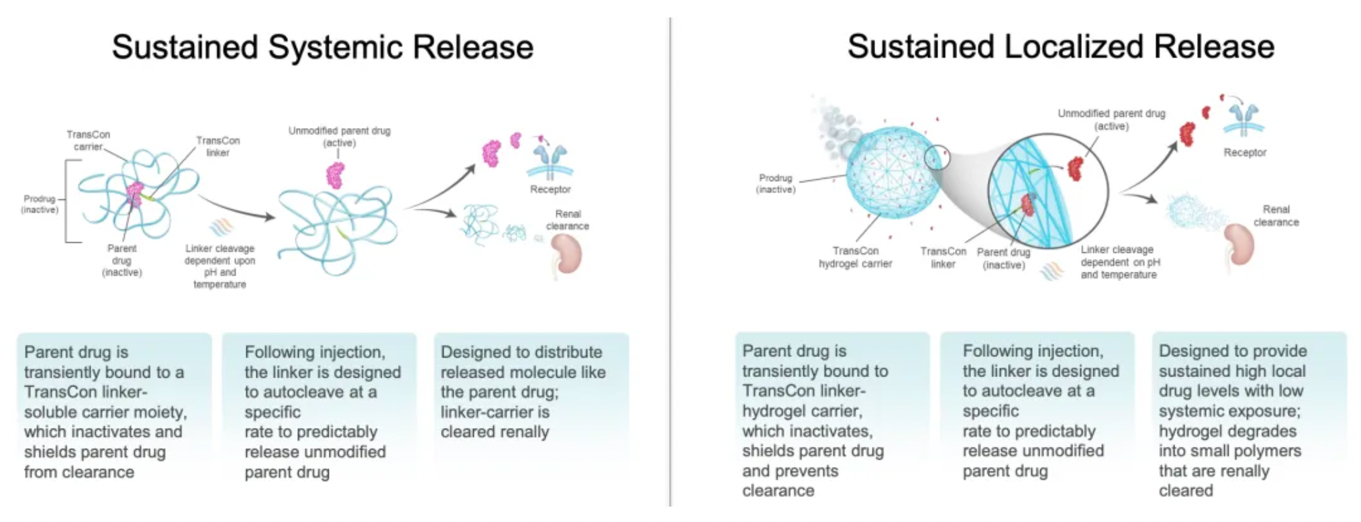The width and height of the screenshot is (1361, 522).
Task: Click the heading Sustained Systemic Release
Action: (322, 48)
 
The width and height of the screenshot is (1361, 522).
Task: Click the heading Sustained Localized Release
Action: (1060, 47)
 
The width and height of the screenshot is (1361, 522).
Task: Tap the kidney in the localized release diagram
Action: (1239, 246)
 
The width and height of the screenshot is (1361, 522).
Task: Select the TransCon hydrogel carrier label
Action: (856, 257)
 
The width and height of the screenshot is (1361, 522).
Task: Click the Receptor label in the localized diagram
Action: (1245, 153)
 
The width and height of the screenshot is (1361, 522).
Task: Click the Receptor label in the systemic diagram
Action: (550, 189)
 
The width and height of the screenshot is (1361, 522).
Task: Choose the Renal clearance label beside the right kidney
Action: (1276, 215)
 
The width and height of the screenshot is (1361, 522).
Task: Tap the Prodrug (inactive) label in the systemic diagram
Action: (40, 204)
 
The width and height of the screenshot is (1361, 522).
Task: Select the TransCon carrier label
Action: (88, 140)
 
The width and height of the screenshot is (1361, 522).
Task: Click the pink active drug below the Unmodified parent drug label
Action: (335, 174)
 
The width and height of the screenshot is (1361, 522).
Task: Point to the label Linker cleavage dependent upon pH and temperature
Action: (220, 266)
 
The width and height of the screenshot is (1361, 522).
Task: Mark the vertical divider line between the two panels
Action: (670, 262)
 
